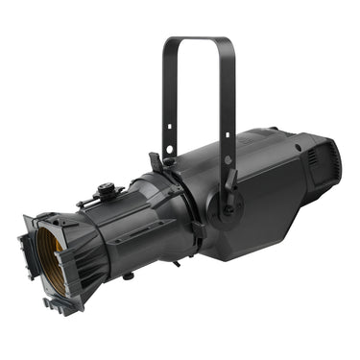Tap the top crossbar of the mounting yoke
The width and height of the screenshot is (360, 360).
point(198,41)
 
